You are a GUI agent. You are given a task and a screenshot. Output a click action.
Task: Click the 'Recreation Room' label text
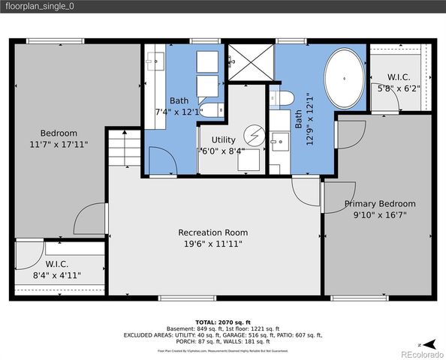click(x=212, y=232)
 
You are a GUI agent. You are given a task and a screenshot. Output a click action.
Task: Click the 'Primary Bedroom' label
click(x=380, y=204)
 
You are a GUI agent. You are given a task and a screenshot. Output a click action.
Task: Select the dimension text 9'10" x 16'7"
click(x=380, y=215)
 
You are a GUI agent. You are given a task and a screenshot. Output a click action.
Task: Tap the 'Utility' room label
click(x=223, y=139)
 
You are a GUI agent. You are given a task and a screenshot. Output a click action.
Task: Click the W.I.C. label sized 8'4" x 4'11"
click(x=58, y=264)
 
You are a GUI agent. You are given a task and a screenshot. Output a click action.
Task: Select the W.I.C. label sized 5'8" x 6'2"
click(x=398, y=77)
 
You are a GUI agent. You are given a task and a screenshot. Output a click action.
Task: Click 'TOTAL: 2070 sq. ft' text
click(x=223, y=320)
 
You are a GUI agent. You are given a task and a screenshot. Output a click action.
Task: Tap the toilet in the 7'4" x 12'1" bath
click(x=213, y=111)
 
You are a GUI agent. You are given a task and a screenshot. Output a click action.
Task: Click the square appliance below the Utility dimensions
click(x=249, y=160)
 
